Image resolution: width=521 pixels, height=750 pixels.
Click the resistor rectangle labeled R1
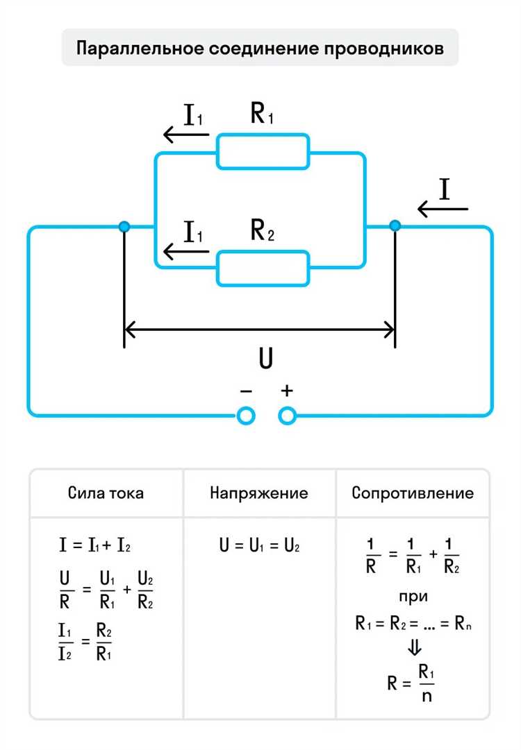263,152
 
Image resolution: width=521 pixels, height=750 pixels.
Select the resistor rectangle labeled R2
263,269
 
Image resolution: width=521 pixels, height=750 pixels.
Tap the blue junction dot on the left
124,226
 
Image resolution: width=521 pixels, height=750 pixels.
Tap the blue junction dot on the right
395,225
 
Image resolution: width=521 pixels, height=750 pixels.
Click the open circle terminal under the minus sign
246,416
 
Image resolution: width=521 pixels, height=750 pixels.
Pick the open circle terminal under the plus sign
287,416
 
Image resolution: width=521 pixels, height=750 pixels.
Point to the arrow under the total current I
443,208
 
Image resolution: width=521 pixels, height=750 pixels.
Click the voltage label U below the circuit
265,359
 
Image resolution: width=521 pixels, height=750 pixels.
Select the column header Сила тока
106,493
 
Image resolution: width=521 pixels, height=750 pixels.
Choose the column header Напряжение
259,493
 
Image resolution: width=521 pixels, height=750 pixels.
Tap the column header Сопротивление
413,493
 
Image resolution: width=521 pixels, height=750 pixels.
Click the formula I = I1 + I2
95,545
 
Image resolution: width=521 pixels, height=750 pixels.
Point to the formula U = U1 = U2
259,545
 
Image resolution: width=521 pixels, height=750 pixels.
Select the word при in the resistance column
413,596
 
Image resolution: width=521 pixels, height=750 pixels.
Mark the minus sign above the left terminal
245,391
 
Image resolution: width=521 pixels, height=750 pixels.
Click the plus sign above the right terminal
287,391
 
